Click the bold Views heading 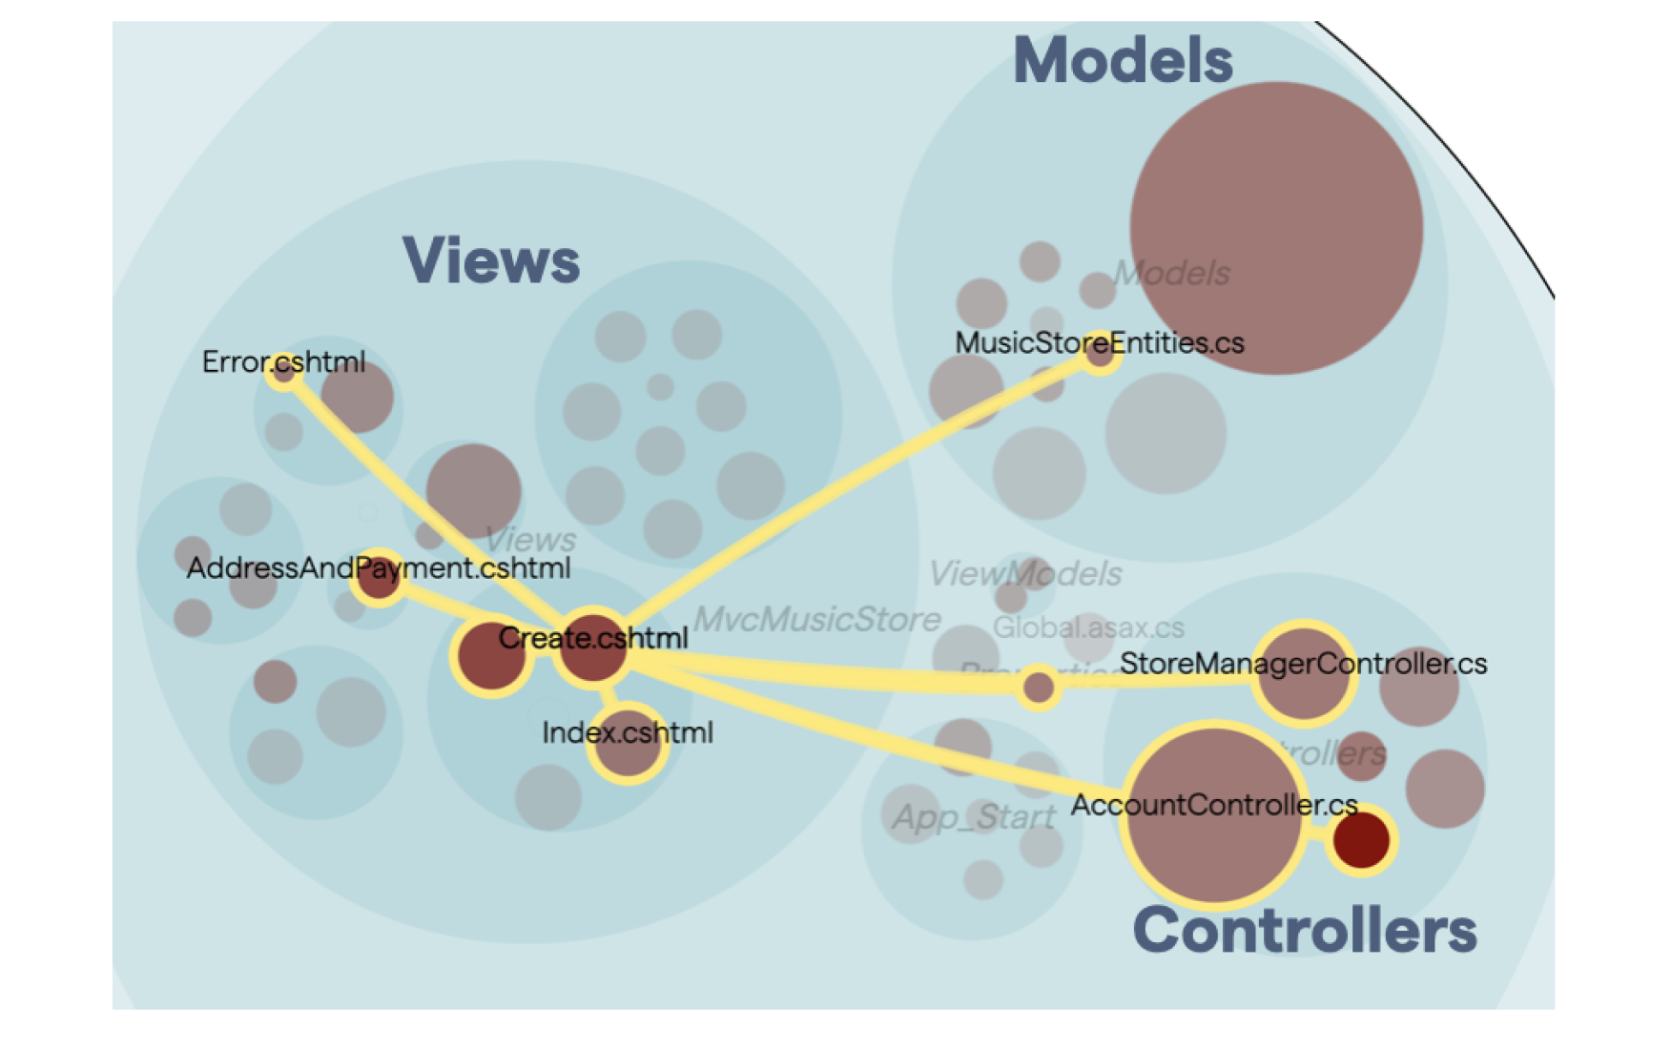point(491,260)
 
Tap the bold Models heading point(1123,60)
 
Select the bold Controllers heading point(1304,930)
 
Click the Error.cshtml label point(283,362)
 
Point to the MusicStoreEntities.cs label point(1099,342)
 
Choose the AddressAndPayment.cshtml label point(379,568)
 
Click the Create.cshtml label point(592,638)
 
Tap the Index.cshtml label point(627,732)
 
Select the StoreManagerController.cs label point(1303,664)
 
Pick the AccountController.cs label point(1213,805)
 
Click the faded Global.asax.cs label point(1088,627)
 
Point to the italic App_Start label point(973,817)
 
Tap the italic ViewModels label point(1024,574)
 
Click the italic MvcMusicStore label point(816,620)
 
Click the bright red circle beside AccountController point(1361,841)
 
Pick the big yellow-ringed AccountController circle point(1213,849)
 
